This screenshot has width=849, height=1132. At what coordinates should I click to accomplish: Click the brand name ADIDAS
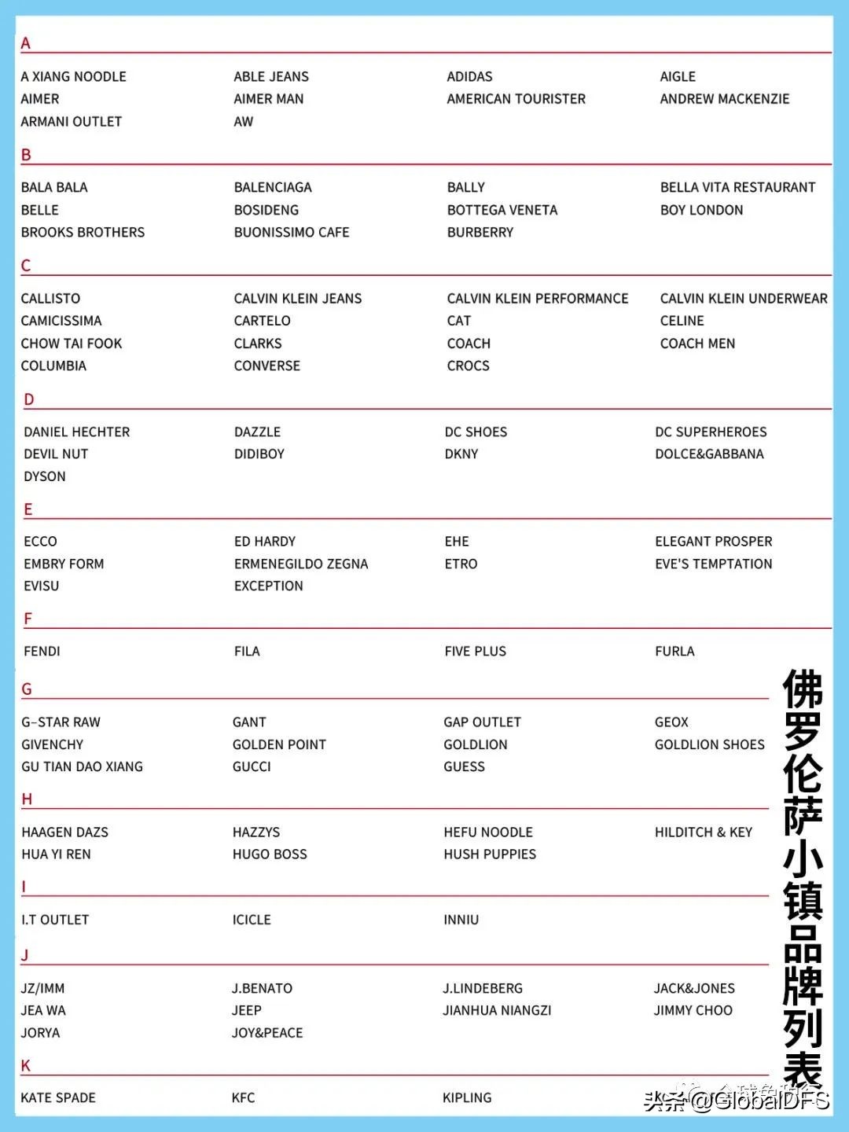[469, 76]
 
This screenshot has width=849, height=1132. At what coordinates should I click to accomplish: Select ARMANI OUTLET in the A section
[71, 122]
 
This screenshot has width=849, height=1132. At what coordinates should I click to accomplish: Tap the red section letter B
[26, 155]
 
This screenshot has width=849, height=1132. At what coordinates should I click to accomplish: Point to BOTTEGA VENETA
[502, 210]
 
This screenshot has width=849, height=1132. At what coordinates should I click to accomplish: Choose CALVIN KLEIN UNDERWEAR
[743, 299]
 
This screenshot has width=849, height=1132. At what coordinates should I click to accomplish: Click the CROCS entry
[468, 366]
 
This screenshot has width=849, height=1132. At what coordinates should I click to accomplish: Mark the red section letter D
[29, 399]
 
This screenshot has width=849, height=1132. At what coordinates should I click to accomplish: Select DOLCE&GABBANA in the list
[709, 454]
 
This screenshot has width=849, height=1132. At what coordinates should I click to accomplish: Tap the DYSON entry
[45, 476]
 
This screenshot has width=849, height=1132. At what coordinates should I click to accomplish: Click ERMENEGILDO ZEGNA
[300, 564]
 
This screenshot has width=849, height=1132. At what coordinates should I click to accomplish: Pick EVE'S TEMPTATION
[713, 564]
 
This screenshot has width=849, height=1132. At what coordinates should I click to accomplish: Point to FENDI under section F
[42, 651]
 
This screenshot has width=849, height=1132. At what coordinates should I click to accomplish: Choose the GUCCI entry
[252, 766]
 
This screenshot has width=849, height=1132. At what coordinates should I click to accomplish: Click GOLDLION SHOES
[709, 744]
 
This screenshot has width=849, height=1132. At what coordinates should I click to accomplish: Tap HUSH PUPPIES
[489, 854]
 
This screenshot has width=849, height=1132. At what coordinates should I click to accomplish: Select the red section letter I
[24, 887]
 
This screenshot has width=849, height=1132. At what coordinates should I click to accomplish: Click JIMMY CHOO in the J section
[693, 1010]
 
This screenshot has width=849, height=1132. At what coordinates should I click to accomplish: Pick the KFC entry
[243, 1097]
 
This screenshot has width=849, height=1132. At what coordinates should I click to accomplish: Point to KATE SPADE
[58, 1097]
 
